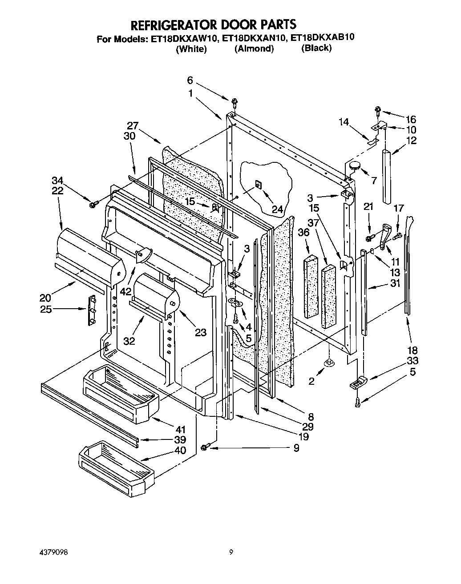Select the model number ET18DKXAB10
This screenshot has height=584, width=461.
[322, 38]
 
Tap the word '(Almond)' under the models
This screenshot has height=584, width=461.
[254, 49]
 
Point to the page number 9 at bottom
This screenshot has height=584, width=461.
[231, 553]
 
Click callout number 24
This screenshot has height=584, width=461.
[277, 208]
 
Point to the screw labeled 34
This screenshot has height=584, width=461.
[93, 204]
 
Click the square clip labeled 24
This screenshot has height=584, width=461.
[258, 184]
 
